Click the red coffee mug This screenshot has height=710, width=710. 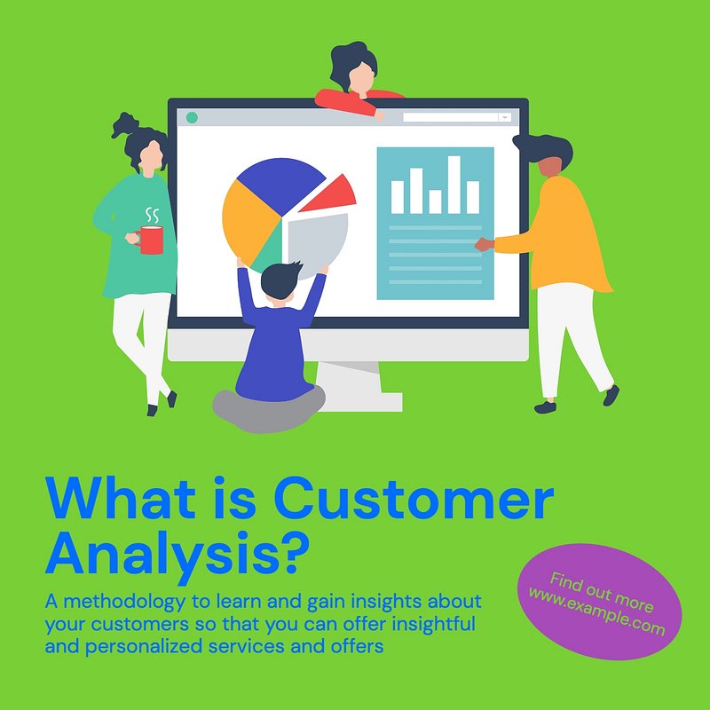click(151, 240)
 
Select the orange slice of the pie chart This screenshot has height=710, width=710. click(247, 221)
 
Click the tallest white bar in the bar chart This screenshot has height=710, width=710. click(454, 185)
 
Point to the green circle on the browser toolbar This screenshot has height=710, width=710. click(192, 118)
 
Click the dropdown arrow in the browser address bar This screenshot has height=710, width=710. click(504, 118)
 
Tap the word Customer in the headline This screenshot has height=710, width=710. click(414, 497)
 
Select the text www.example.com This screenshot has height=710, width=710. click(596, 611)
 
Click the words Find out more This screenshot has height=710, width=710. click(602, 592)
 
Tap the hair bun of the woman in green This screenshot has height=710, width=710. click(125, 124)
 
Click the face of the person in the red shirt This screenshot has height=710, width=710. click(362, 78)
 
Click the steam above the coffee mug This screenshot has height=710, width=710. click(152, 216)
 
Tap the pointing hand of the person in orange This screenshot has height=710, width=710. click(484, 245)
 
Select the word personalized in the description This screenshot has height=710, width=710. click(144, 647)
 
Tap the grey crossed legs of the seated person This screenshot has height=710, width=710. click(269, 409)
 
